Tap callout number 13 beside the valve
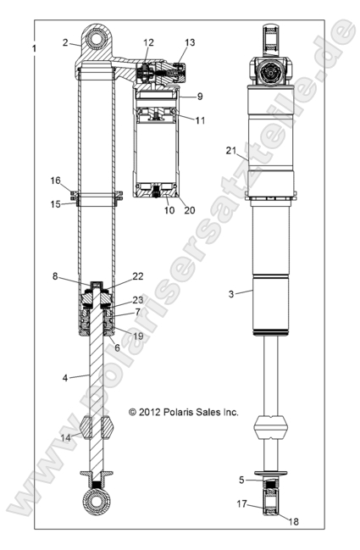point(189,42)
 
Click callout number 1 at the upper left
point(33,49)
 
